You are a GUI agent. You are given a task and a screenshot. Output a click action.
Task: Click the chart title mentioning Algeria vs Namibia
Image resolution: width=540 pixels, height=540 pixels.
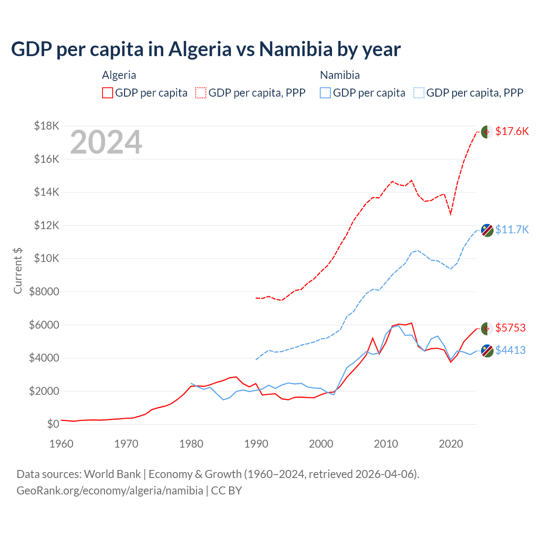click(x=205, y=49)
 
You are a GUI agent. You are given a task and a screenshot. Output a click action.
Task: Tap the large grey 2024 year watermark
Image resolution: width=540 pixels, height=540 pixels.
click(x=106, y=142)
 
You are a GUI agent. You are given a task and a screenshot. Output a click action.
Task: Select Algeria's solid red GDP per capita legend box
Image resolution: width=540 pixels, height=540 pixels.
click(x=108, y=93)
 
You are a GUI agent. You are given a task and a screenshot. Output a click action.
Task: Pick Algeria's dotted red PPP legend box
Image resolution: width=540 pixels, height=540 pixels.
click(x=201, y=93)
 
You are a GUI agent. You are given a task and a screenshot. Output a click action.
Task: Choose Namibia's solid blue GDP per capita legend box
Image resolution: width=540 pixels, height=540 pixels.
click(x=325, y=93)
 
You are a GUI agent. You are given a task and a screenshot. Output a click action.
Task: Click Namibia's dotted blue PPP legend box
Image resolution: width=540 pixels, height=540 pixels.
click(x=419, y=93)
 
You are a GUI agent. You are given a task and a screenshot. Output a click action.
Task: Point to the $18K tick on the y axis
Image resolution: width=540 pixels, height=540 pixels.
click(x=46, y=126)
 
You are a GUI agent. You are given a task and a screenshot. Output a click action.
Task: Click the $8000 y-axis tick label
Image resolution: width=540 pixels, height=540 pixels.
click(x=44, y=292)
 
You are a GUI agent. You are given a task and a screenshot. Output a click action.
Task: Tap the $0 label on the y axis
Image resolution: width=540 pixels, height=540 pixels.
click(x=53, y=424)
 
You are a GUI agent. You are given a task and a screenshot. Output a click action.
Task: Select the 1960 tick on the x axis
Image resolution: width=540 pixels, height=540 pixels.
click(x=62, y=444)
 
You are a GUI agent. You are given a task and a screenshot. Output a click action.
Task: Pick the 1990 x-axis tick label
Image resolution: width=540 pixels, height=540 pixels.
click(x=256, y=444)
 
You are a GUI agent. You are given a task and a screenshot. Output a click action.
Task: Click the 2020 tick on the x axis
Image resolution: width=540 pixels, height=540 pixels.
click(x=451, y=444)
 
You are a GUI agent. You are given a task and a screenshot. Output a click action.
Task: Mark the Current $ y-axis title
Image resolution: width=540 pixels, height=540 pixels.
click(x=18, y=271)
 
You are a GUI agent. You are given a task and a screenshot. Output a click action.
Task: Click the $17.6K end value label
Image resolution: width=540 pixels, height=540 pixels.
click(x=512, y=131)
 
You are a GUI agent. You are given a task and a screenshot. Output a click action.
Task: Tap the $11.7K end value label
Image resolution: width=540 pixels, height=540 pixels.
click(x=512, y=229)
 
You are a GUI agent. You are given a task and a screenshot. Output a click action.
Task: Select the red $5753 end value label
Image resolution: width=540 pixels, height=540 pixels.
click(x=510, y=328)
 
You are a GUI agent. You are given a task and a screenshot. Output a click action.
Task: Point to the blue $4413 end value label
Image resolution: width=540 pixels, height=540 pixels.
click(x=510, y=350)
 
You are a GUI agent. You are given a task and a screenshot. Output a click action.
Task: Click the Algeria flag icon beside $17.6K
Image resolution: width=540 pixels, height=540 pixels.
click(x=487, y=132)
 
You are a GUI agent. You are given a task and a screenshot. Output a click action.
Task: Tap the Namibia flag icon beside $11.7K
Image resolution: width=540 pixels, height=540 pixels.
click(x=487, y=230)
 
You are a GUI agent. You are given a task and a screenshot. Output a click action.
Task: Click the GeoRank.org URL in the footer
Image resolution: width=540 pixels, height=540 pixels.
click(x=110, y=491)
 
